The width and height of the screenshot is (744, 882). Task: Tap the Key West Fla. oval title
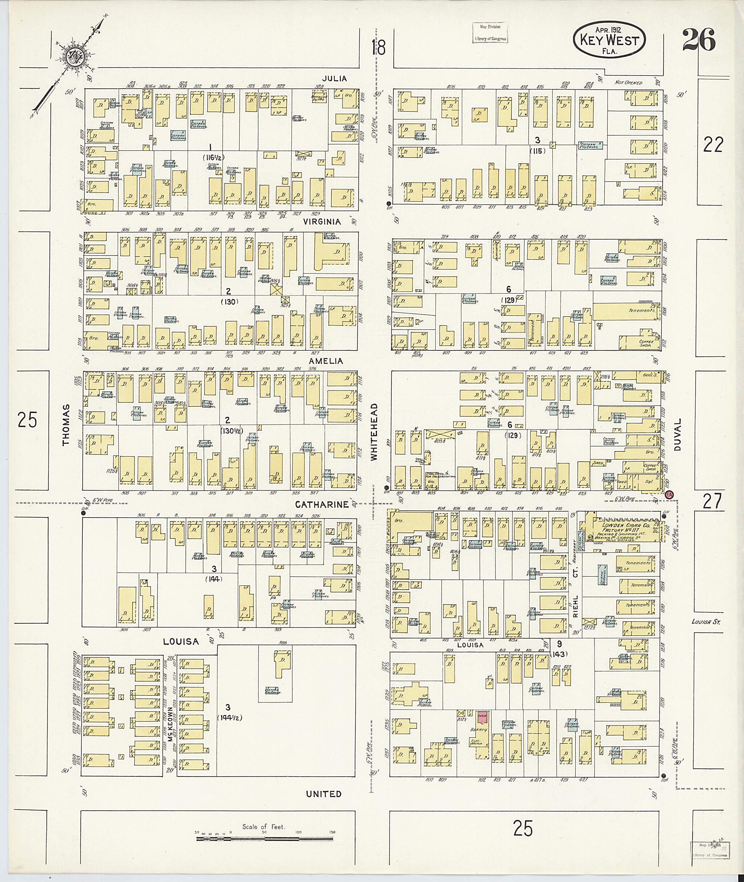(610, 41)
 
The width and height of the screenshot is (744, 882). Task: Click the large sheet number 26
(699, 40)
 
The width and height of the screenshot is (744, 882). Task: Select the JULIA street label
(335, 78)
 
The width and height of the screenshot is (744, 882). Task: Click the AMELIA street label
(325, 361)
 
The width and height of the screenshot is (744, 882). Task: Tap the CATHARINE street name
(322, 504)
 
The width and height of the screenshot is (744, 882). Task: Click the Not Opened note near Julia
(628, 83)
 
